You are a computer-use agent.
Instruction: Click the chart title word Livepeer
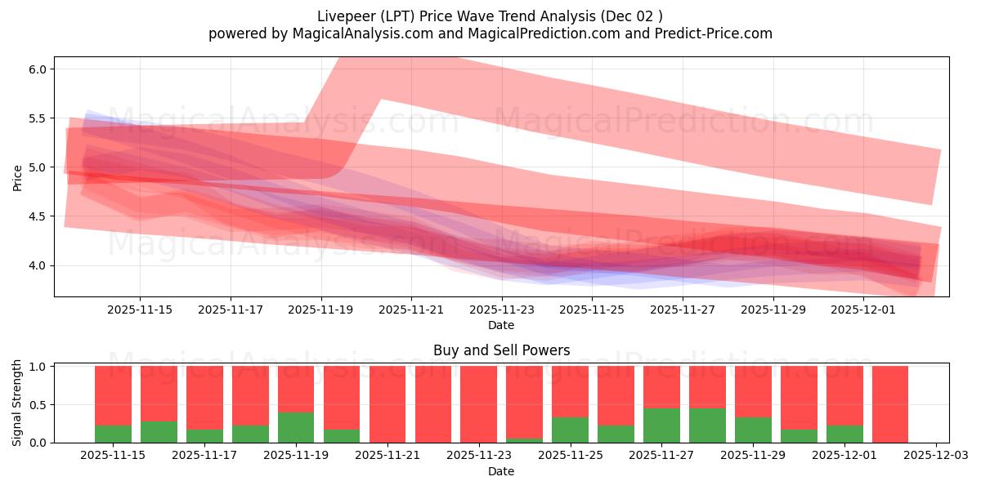(x=344, y=16)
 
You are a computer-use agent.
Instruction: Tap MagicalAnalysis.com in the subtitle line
(x=363, y=33)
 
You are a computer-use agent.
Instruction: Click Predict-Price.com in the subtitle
(x=711, y=33)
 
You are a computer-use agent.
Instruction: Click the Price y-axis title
(x=17, y=177)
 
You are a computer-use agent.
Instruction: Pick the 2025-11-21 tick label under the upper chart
(x=411, y=310)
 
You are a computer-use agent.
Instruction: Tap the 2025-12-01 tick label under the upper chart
(x=865, y=310)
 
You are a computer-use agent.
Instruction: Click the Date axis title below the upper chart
(x=501, y=325)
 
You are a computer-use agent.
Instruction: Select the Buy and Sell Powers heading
(x=501, y=350)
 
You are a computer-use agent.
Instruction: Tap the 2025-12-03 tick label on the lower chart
(x=934, y=456)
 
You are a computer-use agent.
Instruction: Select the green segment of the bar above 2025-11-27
(x=661, y=425)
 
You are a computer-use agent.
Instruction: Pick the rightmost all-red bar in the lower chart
(x=889, y=404)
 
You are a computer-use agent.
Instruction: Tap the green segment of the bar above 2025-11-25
(x=570, y=430)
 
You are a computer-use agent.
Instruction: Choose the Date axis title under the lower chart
(x=501, y=471)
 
